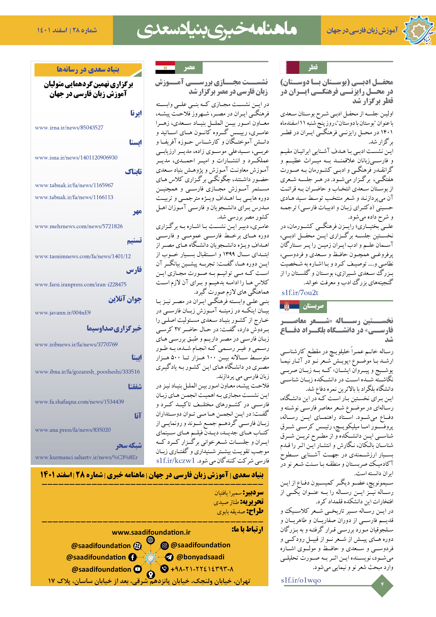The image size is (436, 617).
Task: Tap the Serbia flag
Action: point(289,306)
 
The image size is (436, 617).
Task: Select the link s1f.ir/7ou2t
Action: point(300,293)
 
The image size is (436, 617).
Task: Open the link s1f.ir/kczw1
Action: point(175,460)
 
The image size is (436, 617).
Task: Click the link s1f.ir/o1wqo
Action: point(301,580)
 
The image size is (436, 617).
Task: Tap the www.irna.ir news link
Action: point(69,128)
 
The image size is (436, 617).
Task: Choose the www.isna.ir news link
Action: point(76,158)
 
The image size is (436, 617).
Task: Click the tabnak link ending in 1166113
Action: point(74,197)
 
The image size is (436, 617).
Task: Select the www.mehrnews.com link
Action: point(79,226)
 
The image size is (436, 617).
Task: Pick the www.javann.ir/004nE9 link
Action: point(63,313)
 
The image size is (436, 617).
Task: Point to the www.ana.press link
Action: point(73,430)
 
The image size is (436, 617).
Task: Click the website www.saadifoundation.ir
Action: point(151,532)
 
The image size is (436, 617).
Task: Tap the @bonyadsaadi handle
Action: point(200,557)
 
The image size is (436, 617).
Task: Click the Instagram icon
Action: point(164,545)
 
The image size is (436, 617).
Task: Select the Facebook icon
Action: point(133,557)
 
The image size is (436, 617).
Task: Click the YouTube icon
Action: point(138,569)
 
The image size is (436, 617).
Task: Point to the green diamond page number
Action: point(382,584)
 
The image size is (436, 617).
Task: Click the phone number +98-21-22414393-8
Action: point(202,569)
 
